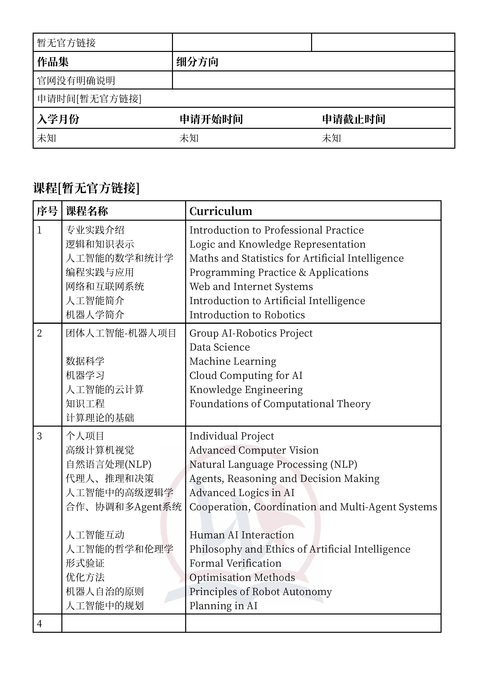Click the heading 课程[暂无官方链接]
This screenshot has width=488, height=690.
[86, 188]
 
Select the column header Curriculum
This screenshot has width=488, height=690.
[221, 211]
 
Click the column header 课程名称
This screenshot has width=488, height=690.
[87, 211]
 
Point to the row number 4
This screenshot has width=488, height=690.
[39, 624]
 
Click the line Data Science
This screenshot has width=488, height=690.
[219, 347]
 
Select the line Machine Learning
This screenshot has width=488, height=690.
[233, 361]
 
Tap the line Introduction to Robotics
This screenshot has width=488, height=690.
[247, 315]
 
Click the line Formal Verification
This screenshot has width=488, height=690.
[235, 563]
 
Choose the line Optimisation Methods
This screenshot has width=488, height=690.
[242, 577]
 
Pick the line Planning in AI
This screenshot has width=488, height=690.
[223, 606]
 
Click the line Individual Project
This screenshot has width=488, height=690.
[232, 436]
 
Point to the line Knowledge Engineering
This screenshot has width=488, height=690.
[246, 389]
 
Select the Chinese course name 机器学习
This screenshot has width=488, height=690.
[85, 375]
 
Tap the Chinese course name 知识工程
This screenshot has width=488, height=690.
[85, 404]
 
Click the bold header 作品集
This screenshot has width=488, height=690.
[53, 62]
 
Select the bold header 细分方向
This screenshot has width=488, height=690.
[197, 62]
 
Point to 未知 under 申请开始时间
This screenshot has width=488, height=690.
[189, 138]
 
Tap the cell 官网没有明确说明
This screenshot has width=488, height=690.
[76, 80]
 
